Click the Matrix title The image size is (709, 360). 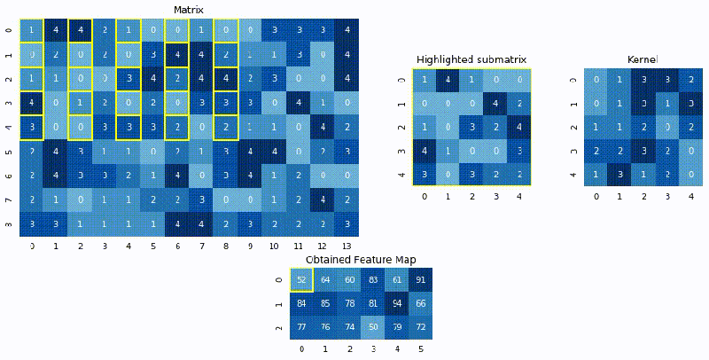[190, 10]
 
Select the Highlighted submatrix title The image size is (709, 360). [473, 59]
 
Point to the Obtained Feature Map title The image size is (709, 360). [361, 259]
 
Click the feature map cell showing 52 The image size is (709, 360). [301, 280]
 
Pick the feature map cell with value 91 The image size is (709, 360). [420, 280]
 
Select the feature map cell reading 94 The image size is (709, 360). [396, 304]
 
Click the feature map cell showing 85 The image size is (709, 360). [325, 304]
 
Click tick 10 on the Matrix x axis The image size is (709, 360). [276, 245]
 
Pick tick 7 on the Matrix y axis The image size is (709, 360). [9, 199]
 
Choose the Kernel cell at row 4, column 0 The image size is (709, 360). [596, 173]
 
